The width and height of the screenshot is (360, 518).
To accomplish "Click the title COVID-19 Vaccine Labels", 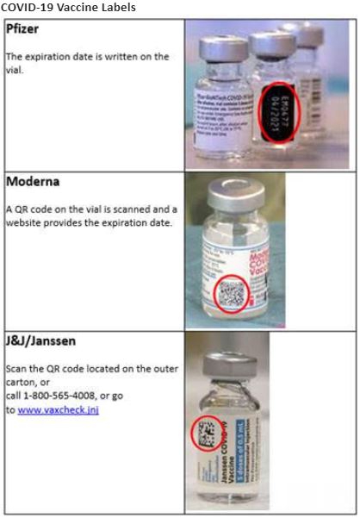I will click(68, 7).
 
